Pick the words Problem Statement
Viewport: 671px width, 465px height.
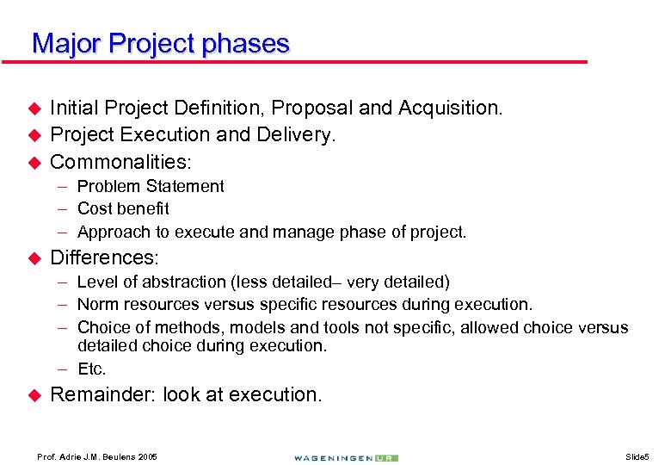[151, 186]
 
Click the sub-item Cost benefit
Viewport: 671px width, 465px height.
[123, 208]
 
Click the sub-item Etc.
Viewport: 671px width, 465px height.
[91, 369]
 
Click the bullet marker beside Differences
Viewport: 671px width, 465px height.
[35, 257]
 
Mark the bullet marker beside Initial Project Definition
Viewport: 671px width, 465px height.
[35, 108]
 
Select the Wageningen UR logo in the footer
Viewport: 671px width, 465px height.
[345, 456]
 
